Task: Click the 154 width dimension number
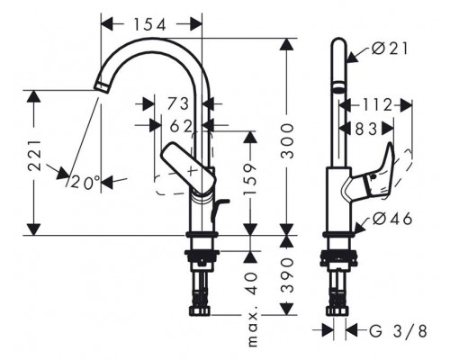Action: pyautogui.click(x=149, y=24)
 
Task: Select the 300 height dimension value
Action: pyautogui.click(x=288, y=140)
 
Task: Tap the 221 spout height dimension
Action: pyautogui.click(x=34, y=155)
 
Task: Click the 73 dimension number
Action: pyautogui.click(x=178, y=103)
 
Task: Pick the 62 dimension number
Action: pyautogui.click(x=181, y=126)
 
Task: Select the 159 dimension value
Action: pyautogui.click(x=250, y=179)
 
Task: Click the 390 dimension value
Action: pyautogui.click(x=288, y=275)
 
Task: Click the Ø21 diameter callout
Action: pyautogui.click(x=390, y=49)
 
